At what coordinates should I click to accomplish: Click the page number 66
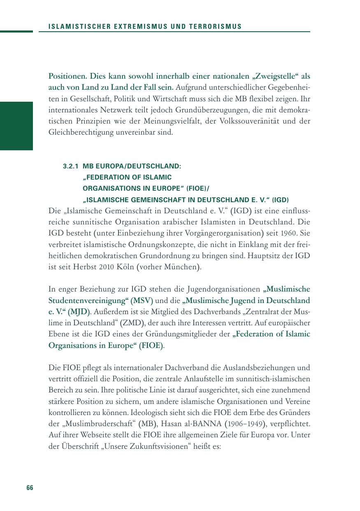[30, 488]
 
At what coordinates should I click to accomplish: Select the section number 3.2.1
[71, 166]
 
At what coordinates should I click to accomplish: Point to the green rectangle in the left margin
[16, 126]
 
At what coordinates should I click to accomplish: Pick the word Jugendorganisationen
[226, 289]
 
